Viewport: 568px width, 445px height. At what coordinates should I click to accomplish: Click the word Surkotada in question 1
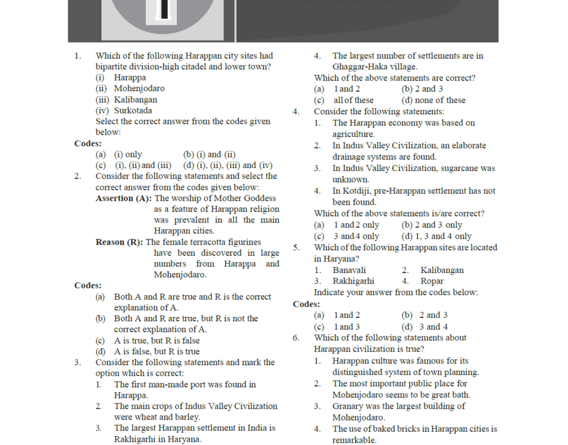coord(133,110)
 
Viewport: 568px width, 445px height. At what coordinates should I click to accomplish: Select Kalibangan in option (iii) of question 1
coord(135,100)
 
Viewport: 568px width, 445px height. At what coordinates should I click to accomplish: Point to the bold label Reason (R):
coord(119,242)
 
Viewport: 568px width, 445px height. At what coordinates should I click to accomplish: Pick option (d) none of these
coord(433,100)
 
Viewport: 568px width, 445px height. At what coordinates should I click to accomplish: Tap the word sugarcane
coord(459,168)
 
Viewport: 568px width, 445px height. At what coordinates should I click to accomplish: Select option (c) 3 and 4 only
coord(347,236)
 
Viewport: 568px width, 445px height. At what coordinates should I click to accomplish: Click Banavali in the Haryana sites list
coord(349,270)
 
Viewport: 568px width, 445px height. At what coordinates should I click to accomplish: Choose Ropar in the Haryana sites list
coord(432,281)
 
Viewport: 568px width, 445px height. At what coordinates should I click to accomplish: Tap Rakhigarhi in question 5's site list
coord(353,281)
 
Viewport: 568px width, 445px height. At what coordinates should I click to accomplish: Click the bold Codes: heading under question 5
coord(306,304)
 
